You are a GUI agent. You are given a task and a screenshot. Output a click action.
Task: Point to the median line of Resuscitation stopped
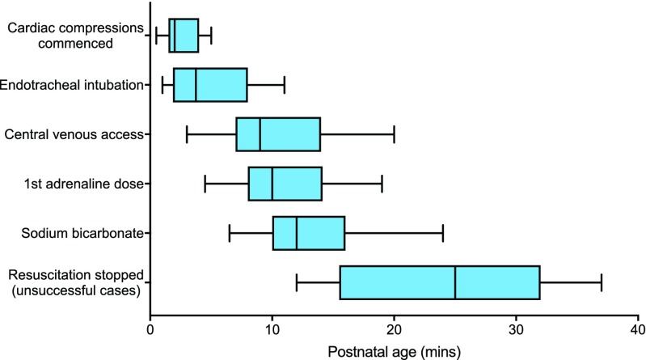[455, 282]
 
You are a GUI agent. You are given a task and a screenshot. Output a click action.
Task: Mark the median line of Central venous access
[260, 134]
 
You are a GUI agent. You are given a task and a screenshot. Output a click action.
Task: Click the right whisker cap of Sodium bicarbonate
[443, 233]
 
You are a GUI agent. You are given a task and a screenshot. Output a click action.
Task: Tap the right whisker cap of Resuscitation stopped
[602, 282]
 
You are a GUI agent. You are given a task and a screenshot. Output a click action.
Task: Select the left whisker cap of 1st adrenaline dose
[205, 184]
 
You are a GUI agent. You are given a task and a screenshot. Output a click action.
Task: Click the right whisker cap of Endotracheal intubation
[285, 84]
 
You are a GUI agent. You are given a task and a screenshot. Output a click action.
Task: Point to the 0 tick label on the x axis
[150, 330]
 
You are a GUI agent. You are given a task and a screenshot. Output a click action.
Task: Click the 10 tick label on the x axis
[272, 330]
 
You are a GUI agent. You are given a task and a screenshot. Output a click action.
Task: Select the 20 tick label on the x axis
[394, 330]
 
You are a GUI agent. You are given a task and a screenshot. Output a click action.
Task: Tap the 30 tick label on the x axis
[516, 330]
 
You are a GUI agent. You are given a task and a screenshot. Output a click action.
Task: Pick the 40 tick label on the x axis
[637, 330]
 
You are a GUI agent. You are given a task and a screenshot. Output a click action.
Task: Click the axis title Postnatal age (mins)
[394, 351]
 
